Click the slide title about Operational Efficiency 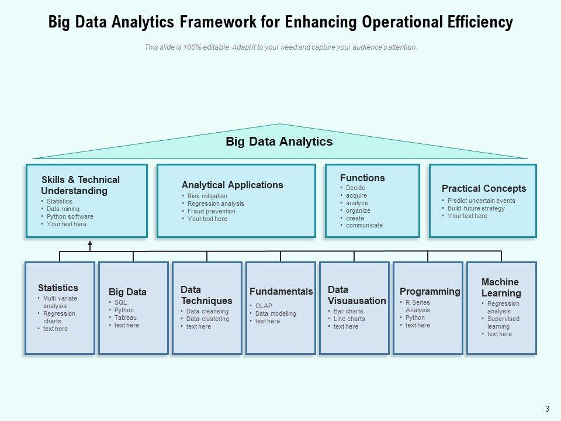coord(280,22)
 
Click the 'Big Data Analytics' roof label coord(279,142)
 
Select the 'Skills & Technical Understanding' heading coord(80,185)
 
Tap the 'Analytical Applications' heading coord(232,185)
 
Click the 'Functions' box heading coord(362,178)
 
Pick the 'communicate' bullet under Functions coord(364,225)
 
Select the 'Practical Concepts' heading coord(484,188)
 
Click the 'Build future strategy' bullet coord(476,208)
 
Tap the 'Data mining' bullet coord(63,209)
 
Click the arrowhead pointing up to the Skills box coord(90,243)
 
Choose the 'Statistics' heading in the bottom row coord(58,288)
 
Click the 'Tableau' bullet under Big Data coord(126,318)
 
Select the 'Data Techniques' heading coord(206,295)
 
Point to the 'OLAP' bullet coord(264,306)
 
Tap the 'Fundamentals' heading coord(281,291)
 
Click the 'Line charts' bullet coord(349,319)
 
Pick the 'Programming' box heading coord(430,291)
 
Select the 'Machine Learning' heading coord(501,287)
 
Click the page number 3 coord(547,409)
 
